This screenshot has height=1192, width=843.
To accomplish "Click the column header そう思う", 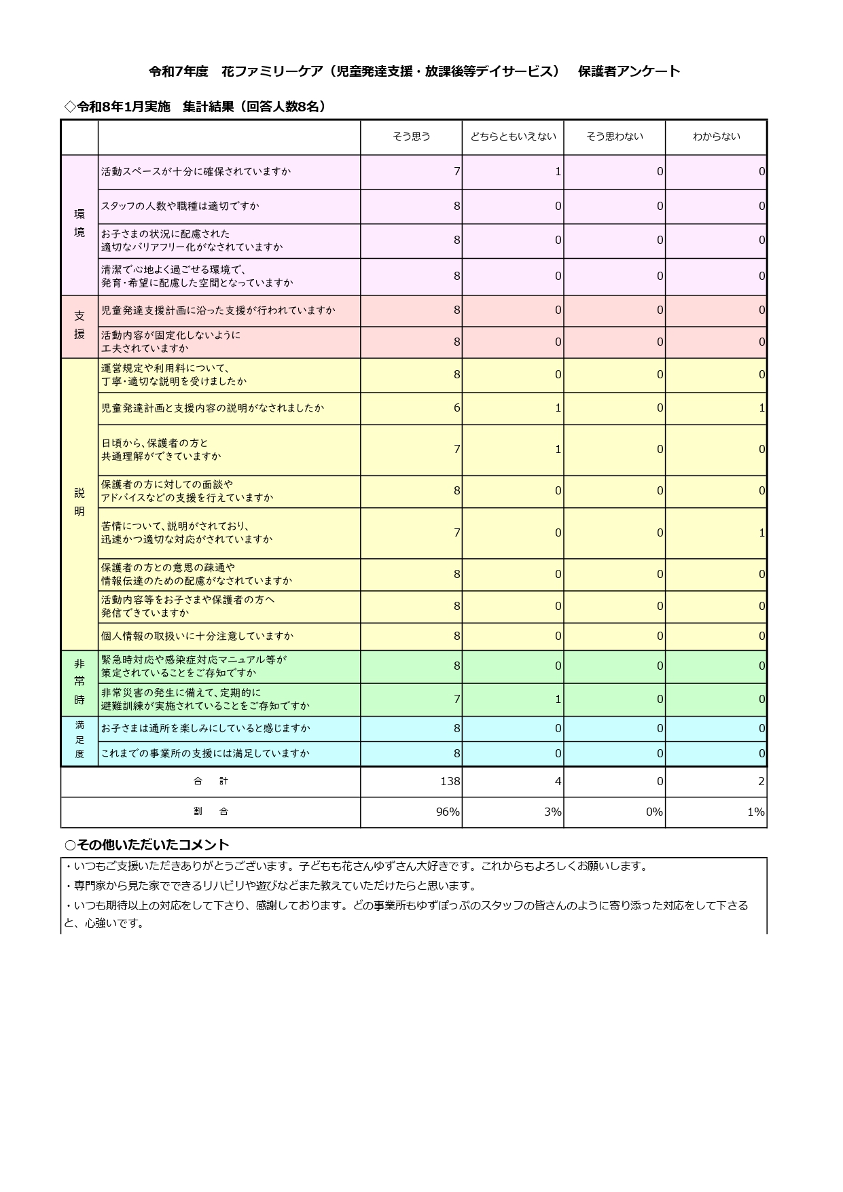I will (x=411, y=137).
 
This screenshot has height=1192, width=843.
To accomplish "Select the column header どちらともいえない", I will (x=513, y=137).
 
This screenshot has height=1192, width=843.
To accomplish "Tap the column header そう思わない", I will (x=614, y=137).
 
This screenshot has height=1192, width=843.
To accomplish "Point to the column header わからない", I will (x=716, y=137).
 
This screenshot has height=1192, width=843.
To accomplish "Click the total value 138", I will (x=450, y=782).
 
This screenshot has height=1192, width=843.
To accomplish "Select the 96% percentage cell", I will (x=448, y=812).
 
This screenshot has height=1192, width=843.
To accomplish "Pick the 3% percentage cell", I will (x=553, y=812).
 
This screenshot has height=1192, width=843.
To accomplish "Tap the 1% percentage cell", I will (x=755, y=812).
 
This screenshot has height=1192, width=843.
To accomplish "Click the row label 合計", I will (x=211, y=782).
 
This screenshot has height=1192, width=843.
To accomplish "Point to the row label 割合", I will (x=211, y=812).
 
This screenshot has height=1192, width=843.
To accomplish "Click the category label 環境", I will (x=79, y=223).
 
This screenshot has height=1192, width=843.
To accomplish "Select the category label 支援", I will (x=79, y=325).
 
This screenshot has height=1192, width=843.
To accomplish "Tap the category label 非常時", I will (x=79, y=681).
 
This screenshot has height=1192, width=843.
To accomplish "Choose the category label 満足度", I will (x=79, y=740).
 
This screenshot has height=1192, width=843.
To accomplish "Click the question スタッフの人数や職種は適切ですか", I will (x=180, y=206).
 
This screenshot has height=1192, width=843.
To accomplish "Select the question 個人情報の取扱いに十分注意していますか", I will (x=197, y=636).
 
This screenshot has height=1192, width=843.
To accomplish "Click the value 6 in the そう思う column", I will (x=456, y=408).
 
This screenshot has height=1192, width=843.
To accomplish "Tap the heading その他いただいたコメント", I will (x=147, y=845).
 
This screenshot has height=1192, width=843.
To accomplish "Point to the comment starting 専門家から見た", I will (x=272, y=886).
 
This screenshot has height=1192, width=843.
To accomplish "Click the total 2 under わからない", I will (x=761, y=782).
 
